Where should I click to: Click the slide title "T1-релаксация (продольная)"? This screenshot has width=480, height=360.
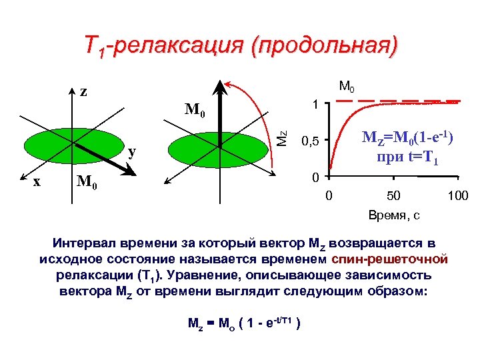click(240, 46)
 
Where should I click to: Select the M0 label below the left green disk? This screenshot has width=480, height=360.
click(87, 181)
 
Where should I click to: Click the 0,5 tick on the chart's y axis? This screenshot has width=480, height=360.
click(311, 141)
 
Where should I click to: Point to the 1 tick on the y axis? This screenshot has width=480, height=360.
click(314, 105)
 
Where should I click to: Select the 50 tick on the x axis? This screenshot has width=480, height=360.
click(393, 195)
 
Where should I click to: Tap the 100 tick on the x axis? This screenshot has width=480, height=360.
click(457, 195)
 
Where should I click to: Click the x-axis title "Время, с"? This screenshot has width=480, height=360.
click(394, 215)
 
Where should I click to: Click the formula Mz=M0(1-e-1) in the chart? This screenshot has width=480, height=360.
click(407, 138)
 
